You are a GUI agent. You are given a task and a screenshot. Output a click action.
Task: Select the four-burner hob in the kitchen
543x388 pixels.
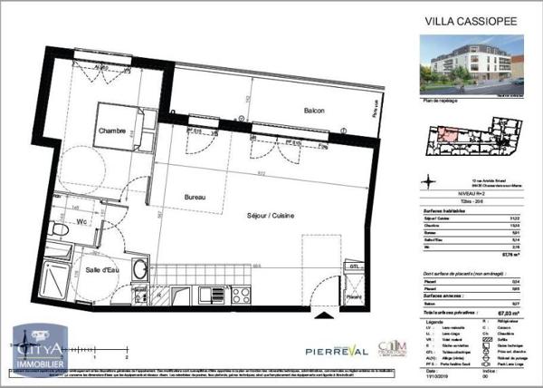pos(242,294)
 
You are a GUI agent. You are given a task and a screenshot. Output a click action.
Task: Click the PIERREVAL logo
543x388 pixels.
pos(295,348)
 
